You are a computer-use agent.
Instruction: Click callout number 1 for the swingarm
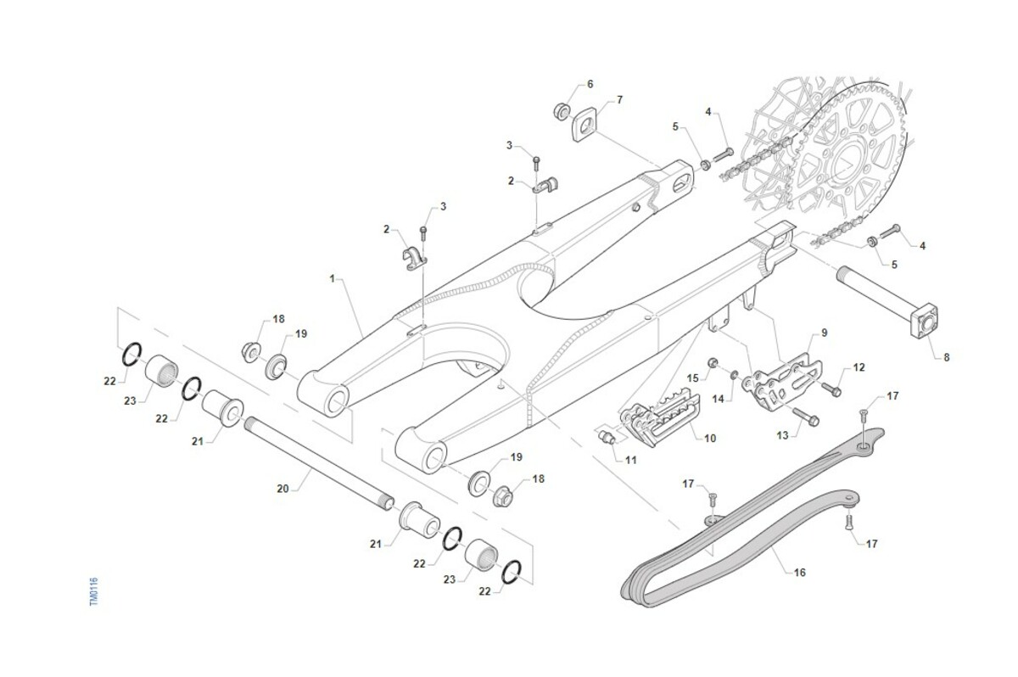[333, 277]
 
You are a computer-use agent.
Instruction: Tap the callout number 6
[590, 85]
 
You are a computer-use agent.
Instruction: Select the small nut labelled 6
[561, 110]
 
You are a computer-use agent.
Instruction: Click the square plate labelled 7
[586, 125]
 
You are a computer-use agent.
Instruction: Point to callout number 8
[947, 357]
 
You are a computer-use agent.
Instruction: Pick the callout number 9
[824, 332]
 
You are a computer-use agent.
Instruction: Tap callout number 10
[710, 438]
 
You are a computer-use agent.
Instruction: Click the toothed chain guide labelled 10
[662, 419]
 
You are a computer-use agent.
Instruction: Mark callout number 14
[718, 398]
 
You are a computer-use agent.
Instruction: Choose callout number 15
[692, 378]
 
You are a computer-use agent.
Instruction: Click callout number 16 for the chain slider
[799, 573]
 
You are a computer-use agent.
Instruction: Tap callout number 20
[283, 488]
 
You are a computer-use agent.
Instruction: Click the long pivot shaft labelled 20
[318, 462]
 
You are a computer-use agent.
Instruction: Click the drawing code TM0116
[93, 591]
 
